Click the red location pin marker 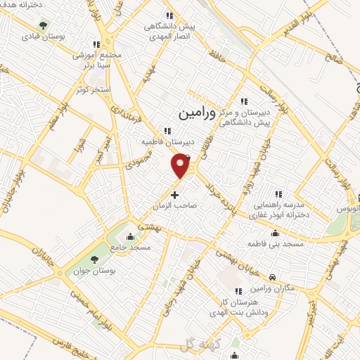181,165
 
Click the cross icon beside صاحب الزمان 175,193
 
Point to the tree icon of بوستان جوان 95,261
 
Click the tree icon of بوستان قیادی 44,26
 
